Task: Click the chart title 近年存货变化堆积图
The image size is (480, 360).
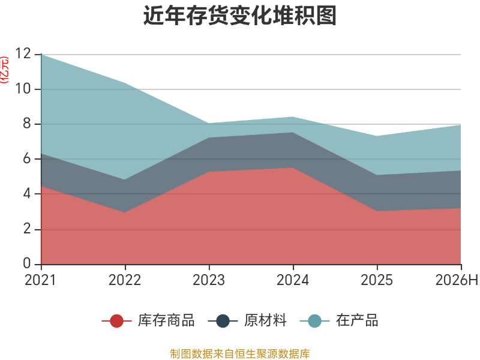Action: (x=240, y=16)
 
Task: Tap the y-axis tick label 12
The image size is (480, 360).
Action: (x=23, y=53)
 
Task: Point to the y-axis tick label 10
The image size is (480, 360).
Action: (x=23, y=89)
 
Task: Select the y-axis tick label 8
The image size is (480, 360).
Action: (x=27, y=124)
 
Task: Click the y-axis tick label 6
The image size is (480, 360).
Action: (x=27, y=158)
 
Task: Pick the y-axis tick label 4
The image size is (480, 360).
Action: (x=27, y=193)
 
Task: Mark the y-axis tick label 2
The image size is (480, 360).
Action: (x=27, y=229)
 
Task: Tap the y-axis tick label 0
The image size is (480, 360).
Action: (x=27, y=263)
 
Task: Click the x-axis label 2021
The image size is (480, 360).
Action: (x=40, y=280)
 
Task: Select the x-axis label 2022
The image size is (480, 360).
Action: (x=125, y=280)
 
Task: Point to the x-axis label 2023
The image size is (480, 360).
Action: (x=209, y=280)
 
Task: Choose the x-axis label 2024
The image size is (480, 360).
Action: (x=293, y=280)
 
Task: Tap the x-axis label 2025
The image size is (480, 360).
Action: (x=377, y=280)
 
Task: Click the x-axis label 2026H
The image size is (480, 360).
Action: (x=457, y=280)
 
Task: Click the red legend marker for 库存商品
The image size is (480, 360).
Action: (x=116, y=321)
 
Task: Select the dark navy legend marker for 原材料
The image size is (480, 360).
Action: (x=223, y=321)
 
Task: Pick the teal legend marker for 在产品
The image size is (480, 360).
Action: (x=314, y=321)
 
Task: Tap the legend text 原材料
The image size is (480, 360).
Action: (x=265, y=320)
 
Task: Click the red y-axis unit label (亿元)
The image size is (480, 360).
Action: (x=4, y=70)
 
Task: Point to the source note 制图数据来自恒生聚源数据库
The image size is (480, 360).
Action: (x=240, y=354)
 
